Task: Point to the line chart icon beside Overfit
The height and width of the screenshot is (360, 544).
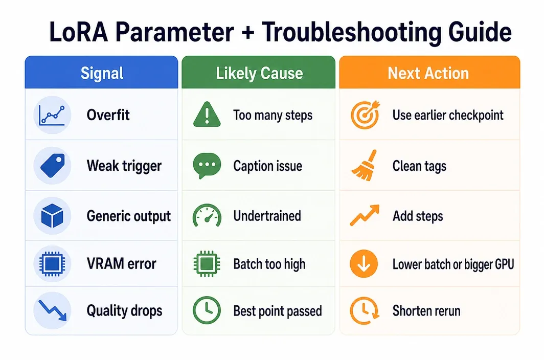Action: coord(52,115)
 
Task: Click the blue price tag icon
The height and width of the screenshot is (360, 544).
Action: coord(53,166)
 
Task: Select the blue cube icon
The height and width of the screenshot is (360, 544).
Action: coord(52,216)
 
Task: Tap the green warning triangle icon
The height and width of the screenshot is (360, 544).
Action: coord(207,114)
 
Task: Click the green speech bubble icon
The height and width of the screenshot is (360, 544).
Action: coord(207,166)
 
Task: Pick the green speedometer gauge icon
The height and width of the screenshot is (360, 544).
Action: coord(207,215)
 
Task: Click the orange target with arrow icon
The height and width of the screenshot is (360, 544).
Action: coord(365,115)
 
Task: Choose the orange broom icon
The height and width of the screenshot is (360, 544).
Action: coord(365,166)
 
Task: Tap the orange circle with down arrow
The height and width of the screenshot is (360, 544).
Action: coord(364,263)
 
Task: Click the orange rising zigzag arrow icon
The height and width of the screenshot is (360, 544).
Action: coord(365,215)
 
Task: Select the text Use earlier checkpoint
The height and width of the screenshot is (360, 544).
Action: coord(448,115)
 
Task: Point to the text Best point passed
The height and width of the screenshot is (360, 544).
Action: coord(278,311)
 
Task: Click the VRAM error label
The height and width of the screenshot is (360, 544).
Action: coord(122,264)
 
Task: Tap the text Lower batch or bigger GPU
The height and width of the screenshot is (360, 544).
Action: coord(453,264)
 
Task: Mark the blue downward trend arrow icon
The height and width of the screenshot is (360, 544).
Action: coord(52,310)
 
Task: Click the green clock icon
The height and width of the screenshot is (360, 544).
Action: coord(207,310)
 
